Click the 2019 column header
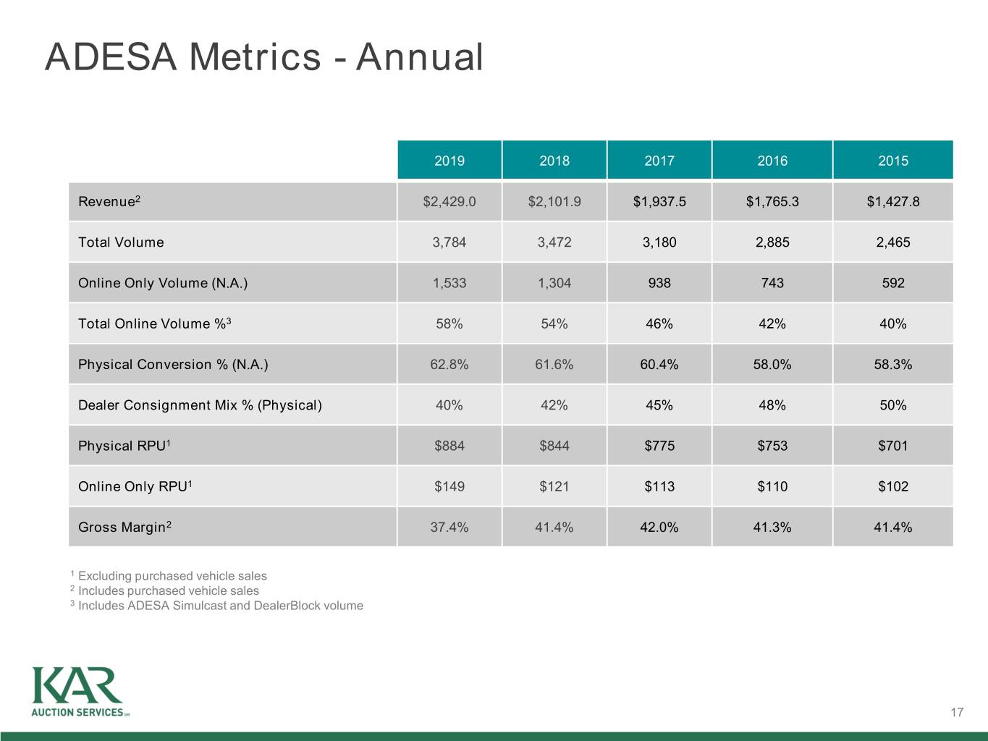pyautogui.click(x=449, y=161)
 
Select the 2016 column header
pyautogui.click(x=772, y=161)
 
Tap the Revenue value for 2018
pyautogui.click(x=554, y=201)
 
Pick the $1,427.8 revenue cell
pyautogui.click(x=893, y=201)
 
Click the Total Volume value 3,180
pyautogui.click(x=659, y=242)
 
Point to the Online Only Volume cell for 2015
pyautogui.click(x=893, y=282)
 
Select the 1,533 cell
pyautogui.click(x=449, y=282)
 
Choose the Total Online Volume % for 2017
pyautogui.click(x=659, y=323)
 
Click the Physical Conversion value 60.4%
pyautogui.click(x=659, y=364)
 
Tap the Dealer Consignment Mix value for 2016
pyautogui.click(x=772, y=405)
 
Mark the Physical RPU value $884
pyautogui.click(x=449, y=446)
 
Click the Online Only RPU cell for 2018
pyautogui.click(x=554, y=486)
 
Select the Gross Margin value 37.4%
pyautogui.click(x=449, y=527)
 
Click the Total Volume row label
pyautogui.click(x=121, y=242)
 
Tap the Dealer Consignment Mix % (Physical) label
pyautogui.click(x=200, y=405)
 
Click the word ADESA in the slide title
pyautogui.click(x=111, y=56)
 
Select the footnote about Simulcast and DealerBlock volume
pyautogui.click(x=217, y=605)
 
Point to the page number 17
pyautogui.click(x=957, y=712)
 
